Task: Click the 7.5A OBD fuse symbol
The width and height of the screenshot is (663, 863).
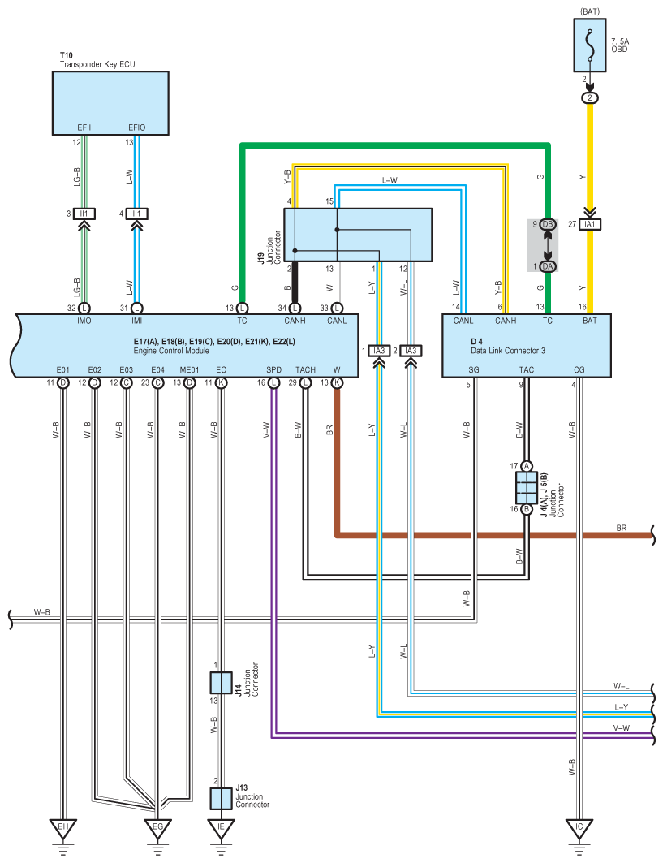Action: click(590, 45)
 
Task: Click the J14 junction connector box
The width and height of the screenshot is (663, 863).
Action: click(222, 683)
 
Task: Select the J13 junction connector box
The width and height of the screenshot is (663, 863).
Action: click(222, 799)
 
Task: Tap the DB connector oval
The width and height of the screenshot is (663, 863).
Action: click(548, 224)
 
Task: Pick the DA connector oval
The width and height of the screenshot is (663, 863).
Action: click(548, 266)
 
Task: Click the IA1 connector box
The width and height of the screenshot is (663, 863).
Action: click(590, 224)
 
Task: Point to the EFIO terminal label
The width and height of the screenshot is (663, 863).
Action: click(137, 127)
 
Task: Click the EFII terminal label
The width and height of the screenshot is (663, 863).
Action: click(84, 127)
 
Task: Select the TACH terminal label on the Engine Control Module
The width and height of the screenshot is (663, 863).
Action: click(305, 370)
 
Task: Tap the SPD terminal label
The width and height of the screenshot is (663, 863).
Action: click(274, 370)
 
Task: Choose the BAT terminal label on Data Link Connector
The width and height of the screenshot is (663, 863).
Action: click(590, 321)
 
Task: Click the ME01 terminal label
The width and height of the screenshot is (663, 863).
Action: click(189, 370)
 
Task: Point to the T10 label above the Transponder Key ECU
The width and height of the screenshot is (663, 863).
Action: click(66, 55)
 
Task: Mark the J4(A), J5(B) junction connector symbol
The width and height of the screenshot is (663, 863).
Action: click(527, 488)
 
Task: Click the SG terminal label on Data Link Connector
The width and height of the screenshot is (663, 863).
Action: click(474, 370)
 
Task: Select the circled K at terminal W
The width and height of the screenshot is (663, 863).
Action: click(337, 382)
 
